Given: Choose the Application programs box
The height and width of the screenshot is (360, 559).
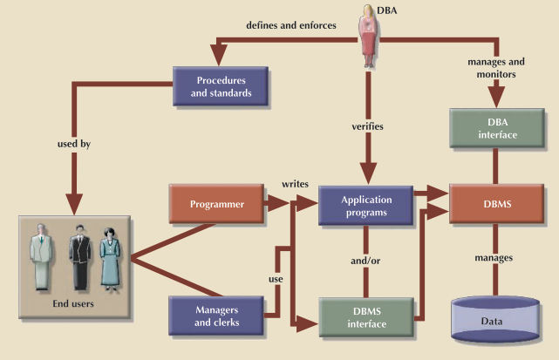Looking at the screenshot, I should point(366,204).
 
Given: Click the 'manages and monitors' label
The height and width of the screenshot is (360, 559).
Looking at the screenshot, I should point(496,69).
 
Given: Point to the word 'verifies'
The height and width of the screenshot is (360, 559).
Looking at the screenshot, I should point(366,126).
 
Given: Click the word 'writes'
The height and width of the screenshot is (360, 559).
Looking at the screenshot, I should point(292,185).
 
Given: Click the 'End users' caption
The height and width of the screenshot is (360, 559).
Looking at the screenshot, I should point(68,304).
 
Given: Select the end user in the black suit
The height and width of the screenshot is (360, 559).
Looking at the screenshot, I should point(79,255).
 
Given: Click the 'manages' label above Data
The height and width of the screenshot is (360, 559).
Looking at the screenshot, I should point(493,258).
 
